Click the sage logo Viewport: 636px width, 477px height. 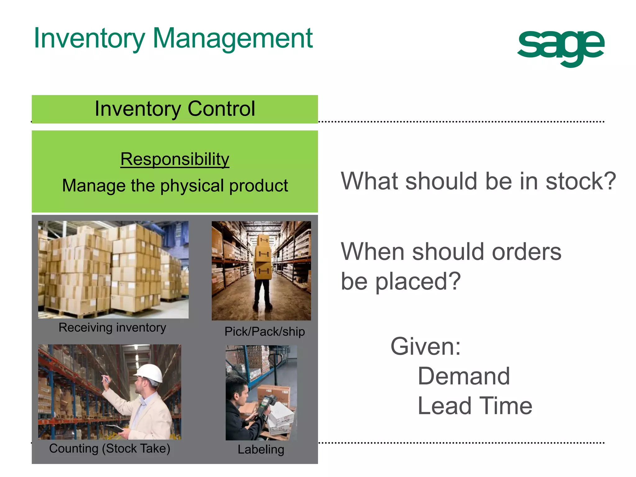click(x=561, y=47)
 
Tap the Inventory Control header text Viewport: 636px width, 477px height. click(x=175, y=109)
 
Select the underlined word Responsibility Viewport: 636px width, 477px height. click(x=175, y=159)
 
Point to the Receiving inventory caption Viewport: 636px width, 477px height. click(x=112, y=328)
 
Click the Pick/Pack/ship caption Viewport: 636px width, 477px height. click(x=265, y=332)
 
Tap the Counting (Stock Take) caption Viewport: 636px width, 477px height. click(x=110, y=448)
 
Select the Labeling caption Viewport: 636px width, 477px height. click(x=261, y=449)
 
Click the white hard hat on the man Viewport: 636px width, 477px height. click(x=150, y=372)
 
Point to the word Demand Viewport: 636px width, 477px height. click(x=464, y=376)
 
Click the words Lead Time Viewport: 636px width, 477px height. click(x=475, y=406)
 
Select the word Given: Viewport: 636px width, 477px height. click(x=425, y=346)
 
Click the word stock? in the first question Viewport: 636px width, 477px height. click(x=580, y=181)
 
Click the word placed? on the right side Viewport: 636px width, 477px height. click(x=418, y=281)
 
